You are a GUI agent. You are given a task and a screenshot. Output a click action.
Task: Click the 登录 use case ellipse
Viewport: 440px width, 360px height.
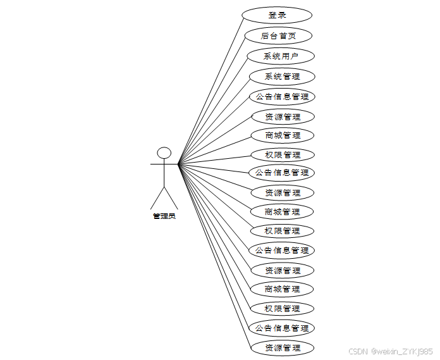278,15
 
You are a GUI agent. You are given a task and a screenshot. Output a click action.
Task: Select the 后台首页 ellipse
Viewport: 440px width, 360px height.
278,36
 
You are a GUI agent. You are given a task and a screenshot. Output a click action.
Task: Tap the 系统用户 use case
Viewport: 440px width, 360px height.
281,56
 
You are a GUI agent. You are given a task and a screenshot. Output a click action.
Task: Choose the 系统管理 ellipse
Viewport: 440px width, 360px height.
282,77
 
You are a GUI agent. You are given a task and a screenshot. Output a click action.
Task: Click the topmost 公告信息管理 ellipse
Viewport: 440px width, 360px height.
282,97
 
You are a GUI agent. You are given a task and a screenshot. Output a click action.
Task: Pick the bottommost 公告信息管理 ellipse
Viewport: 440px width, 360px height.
282,328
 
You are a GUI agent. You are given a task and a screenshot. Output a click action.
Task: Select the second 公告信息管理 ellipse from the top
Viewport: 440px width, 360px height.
282,173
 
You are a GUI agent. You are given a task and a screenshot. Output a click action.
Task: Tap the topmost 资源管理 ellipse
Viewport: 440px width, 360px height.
282,117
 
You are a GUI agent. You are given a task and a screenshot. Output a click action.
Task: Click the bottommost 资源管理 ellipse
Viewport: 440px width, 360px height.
282,348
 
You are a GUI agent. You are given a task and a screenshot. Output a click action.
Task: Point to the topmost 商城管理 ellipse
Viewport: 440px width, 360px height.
282,135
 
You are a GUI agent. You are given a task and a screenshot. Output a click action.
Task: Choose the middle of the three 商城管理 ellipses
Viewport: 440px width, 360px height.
282,212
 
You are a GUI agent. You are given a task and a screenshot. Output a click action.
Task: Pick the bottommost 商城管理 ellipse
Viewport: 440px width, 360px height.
282,289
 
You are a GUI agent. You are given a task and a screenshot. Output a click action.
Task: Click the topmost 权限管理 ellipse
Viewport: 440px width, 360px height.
282,155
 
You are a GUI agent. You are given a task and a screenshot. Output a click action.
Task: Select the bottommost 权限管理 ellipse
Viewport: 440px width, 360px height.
282,309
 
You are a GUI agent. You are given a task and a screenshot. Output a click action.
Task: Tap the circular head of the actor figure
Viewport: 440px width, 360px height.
164,152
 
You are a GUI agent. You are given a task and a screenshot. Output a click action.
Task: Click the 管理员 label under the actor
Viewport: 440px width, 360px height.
164,216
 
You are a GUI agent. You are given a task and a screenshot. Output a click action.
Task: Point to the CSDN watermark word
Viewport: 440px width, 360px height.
358,351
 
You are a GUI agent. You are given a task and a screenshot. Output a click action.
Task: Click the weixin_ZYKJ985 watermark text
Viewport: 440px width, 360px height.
402,351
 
